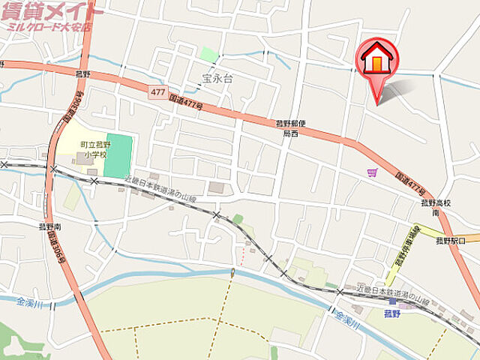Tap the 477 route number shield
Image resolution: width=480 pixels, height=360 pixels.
pyautogui.click(x=157, y=91)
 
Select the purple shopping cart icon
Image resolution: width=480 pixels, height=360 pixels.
pyautogui.click(x=372, y=172)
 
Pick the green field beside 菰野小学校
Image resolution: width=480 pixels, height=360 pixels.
pyautogui.click(x=118, y=156)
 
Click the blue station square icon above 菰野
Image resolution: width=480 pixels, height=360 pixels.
pyautogui.click(x=392, y=301)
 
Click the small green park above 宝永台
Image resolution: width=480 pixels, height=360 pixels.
pyautogui.click(x=209, y=54)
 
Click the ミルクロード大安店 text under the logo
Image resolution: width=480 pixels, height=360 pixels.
pyautogui.click(x=49, y=27)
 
